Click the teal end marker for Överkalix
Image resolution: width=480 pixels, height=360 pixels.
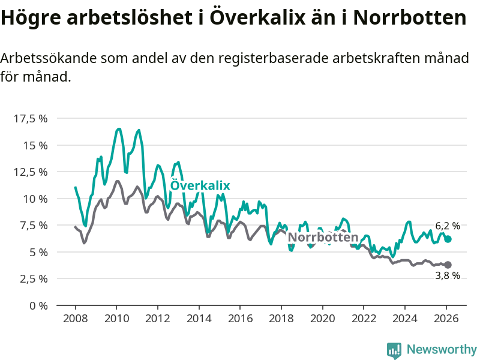point(448,239)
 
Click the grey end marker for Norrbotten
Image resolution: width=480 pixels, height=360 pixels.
point(448,265)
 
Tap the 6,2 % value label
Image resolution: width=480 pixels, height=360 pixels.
point(448,226)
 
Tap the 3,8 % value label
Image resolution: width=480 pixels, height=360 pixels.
point(448,276)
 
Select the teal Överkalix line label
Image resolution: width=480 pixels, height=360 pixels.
point(200,185)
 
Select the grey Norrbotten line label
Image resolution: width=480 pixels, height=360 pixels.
point(323,237)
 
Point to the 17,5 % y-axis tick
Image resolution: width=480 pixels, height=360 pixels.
point(30,118)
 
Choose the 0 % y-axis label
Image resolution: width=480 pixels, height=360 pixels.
point(38,305)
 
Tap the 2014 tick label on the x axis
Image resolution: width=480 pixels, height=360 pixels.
point(199,319)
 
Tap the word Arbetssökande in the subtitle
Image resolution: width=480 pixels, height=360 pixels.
point(46,59)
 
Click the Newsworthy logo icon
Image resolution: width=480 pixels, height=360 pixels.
point(394,350)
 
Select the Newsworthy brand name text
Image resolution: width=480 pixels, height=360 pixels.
point(442,350)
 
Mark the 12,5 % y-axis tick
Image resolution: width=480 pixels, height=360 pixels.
point(30,172)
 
